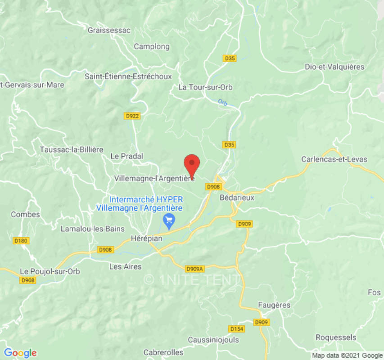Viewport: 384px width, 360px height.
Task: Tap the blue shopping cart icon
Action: click(x=169, y=221)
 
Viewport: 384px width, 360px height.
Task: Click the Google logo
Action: click(x=20, y=352)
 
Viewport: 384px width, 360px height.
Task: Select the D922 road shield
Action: click(x=132, y=116)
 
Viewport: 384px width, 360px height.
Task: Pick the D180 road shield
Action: click(x=21, y=241)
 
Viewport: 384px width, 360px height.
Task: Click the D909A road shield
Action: click(x=195, y=269)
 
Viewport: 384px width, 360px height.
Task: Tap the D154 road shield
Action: click(x=236, y=329)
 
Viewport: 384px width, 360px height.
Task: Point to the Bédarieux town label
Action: click(x=237, y=197)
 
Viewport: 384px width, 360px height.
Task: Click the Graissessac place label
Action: click(x=109, y=31)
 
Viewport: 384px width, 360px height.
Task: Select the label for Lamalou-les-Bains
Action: click(x=93, y=229)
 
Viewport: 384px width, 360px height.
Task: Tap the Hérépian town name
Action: click(x=146, y=238)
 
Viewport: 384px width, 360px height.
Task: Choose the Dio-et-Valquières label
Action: click(x=334, y=67)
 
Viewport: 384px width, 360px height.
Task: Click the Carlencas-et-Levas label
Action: click(x=334, y=159)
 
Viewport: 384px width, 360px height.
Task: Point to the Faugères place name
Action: click(x=274, y=305)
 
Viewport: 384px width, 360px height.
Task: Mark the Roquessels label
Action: click(x=336, y=337)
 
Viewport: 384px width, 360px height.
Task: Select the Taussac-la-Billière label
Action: click(x=72, y=149)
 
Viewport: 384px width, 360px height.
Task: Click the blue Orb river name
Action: click(x=222, y=103)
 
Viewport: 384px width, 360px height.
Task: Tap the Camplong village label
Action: click(x=152, y=46)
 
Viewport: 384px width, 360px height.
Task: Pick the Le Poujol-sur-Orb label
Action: click(x=50, y=271)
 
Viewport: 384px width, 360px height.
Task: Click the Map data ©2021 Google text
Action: click(x=347, y=355)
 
